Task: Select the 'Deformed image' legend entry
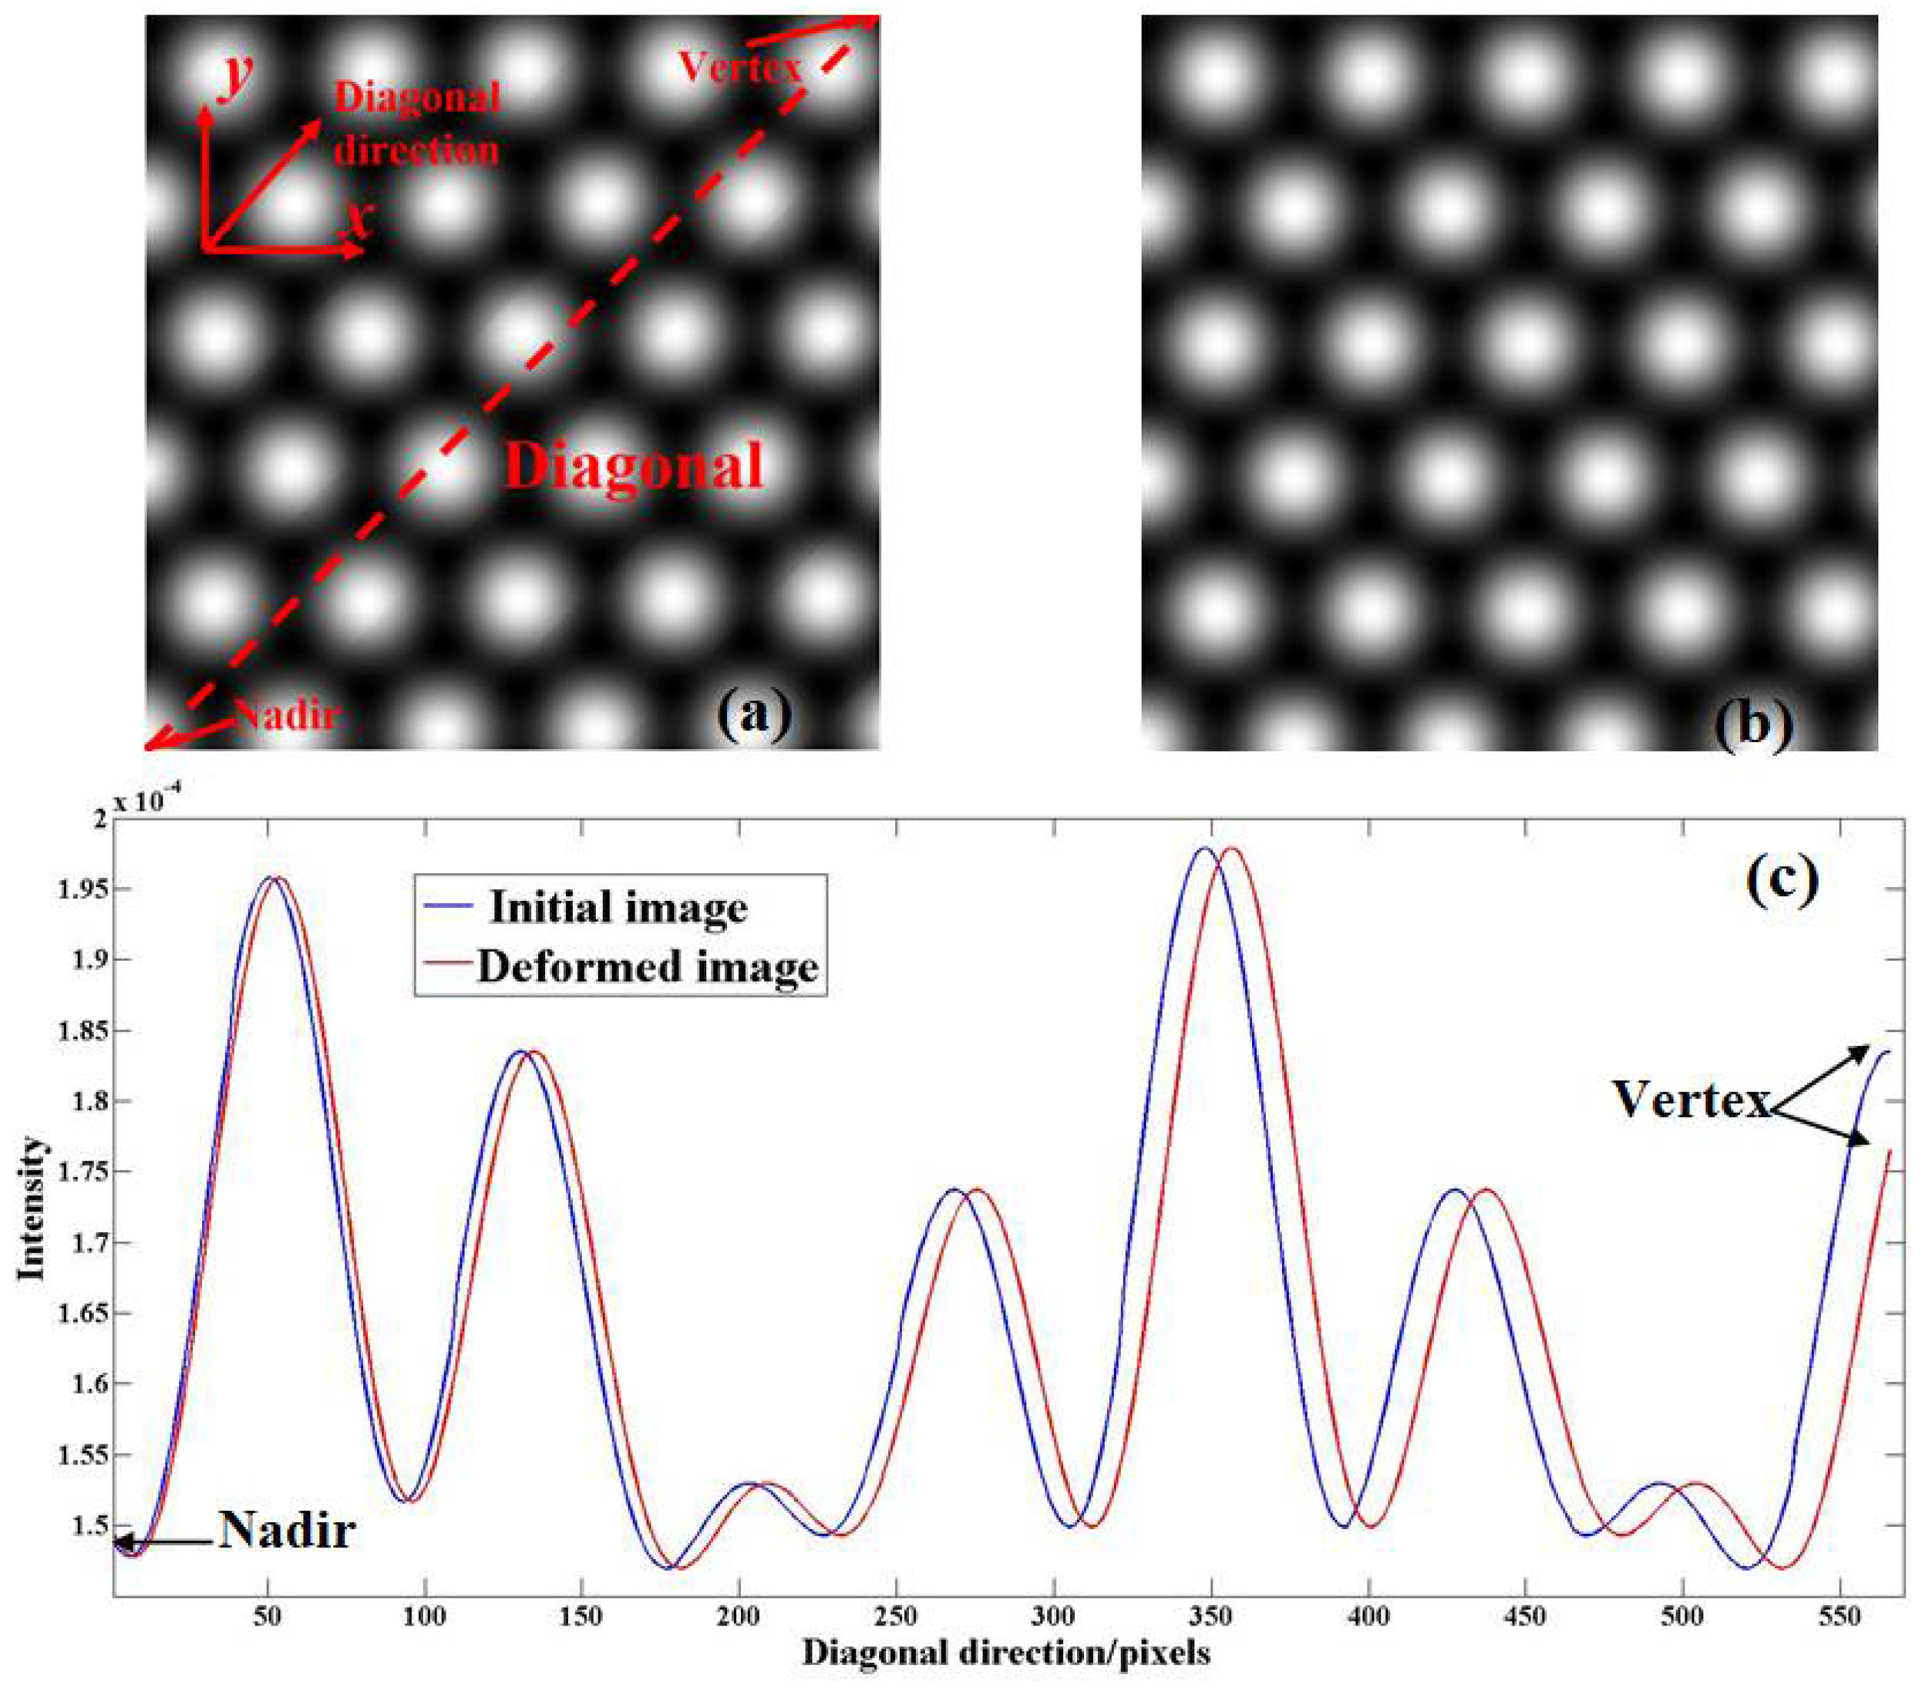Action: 646,966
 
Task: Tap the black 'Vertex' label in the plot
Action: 1692,1099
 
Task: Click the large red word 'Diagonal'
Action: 633,465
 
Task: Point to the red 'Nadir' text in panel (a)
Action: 287,715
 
